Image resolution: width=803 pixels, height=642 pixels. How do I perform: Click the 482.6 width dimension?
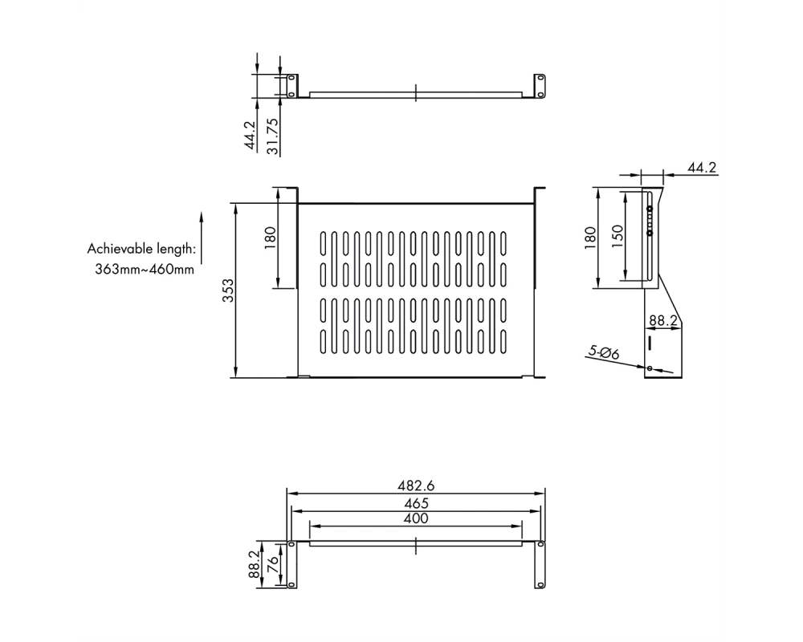coord(416,486)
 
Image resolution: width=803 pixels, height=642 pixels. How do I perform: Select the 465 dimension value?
coord(416,503)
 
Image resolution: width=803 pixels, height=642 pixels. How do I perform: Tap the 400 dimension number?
coord(416,518)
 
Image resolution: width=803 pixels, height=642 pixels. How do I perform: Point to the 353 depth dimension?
coord(228,291)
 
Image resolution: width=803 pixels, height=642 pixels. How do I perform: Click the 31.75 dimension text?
coord(273,136)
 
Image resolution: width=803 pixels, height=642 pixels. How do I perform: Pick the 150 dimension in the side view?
coord(618,236)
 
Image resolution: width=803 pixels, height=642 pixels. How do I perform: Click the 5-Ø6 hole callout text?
coord(603,352)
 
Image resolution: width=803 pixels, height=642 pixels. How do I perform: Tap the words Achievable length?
coord(141,250)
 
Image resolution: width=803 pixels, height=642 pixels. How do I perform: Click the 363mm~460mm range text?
coord(145,270)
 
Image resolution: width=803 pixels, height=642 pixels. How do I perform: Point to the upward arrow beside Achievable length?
coord(202,238)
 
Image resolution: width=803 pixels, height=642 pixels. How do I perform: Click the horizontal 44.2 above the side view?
coord(702,168)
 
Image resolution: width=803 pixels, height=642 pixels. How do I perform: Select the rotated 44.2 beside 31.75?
coord(250,135)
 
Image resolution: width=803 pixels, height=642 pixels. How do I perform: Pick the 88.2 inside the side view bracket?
coord(663,320)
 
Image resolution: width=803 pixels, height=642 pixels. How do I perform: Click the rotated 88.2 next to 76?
coord(254,565)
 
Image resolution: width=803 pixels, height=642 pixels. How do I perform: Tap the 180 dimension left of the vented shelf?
coord(270,238)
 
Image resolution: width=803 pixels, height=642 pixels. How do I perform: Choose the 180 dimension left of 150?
coord(590,238)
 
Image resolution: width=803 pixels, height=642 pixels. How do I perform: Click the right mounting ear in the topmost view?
coord(540,86)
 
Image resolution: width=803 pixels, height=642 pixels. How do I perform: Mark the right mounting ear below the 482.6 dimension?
coord(540,565)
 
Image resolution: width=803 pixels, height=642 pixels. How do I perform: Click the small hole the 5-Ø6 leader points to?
coord(650,368)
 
